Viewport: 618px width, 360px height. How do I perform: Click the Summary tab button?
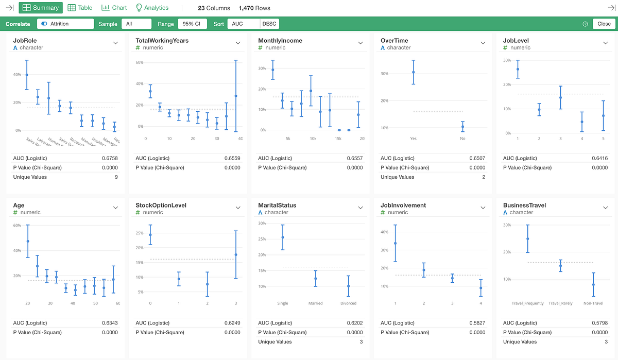pyautogui.click(x=41, y=8)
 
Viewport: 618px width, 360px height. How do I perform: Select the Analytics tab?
pyautogui.click(x=152, y=8)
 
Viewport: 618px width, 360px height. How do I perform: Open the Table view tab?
pyautogui.click(x=80, y=8)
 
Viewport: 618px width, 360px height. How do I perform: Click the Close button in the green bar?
pyautogui.click(x=604, y=24)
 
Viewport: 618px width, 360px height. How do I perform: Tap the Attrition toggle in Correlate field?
pyautogui.click(x=44, y=24)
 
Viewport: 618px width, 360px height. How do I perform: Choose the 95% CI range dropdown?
pyautogui.click(x=192, y=24)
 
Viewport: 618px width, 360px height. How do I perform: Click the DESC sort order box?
pyautogui.click(x=269, y=24)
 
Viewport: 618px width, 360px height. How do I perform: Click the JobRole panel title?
pyautogui.click(x=25, y=41)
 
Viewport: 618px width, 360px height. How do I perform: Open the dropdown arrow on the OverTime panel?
pyautogui.click(x=483, y=43)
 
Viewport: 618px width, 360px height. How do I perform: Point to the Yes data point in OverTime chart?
pyautogui.click(x=413, y=72)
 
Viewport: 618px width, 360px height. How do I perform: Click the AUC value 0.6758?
pyautogui.click(x=110, y=158)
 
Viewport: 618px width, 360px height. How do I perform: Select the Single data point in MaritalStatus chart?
pyautogui.click(x=283, y=237)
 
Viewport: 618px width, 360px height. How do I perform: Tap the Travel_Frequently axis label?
pyautogui.click(x=527, y=303)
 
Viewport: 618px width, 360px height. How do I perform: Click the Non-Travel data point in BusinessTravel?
pyautogui.click(x=593, y=284)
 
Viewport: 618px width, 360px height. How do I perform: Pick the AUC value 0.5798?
pyautogui.click(x=600, y=323)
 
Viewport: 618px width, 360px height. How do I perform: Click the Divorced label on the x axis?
pyautogui.click(x=348, y=303)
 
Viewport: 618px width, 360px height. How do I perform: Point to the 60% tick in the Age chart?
pyautogui.click(x=17, y=226)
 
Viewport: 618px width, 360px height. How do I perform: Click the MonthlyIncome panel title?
pyautogui.click(x=280, y=41)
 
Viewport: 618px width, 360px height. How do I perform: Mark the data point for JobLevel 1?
pyautogui.click(x=518, y=69)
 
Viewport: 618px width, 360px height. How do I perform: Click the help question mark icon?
pyautogui.click(x=585, y=24)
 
